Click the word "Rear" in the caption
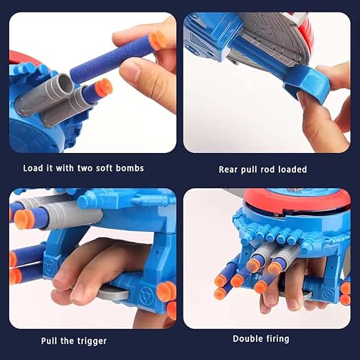(x=230, y=169)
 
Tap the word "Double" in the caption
(x=249, y=339)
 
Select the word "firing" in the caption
(x=279, y=339)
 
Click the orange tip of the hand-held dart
(x=159, y=40)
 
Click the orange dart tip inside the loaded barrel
(x=103, y=87)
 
